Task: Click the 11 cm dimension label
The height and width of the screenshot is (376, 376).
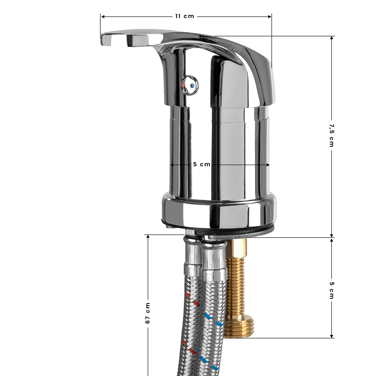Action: click(185, 16)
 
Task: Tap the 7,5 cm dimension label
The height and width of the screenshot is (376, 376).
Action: click(332, 135)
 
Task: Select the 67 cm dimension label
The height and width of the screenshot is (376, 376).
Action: click(148, 313)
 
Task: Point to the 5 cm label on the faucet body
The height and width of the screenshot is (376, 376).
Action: click(201, 164)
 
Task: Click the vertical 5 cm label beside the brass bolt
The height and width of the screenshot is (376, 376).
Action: click(332, 290)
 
